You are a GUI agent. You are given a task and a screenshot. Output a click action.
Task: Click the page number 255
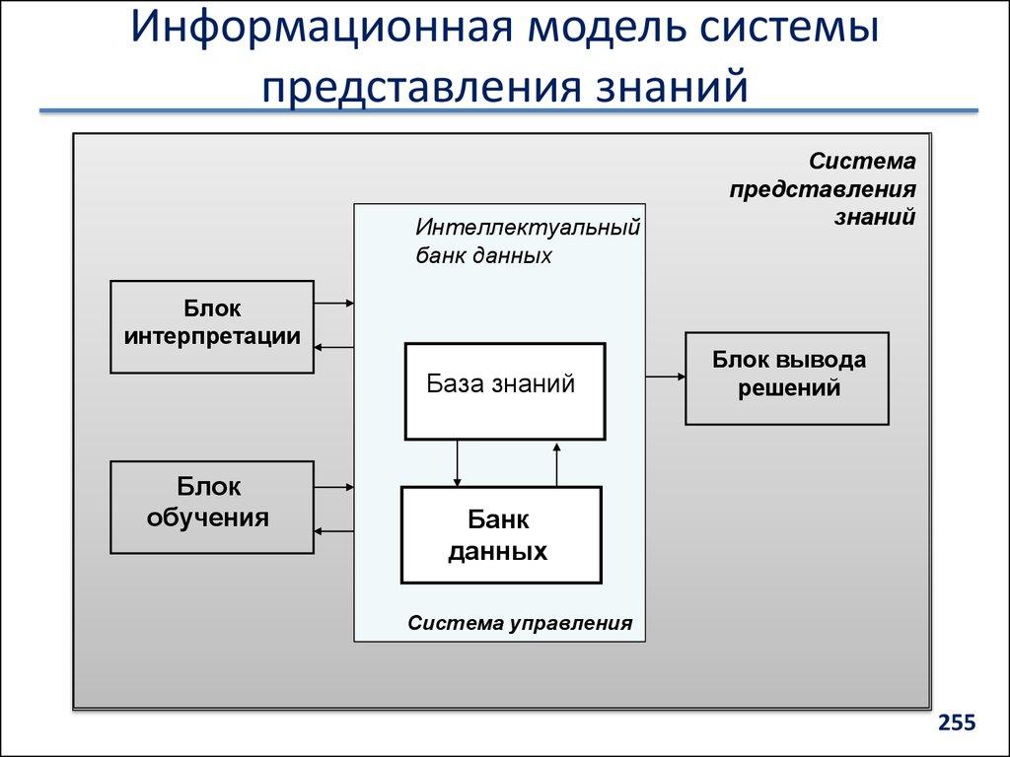tap(957, 723)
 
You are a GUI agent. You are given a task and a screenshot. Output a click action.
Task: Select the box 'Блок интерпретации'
tap(212, 326)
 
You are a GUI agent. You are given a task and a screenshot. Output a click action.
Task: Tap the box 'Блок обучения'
tap(212, 507)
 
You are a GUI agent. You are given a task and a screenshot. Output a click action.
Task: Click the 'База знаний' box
tap(504, 390)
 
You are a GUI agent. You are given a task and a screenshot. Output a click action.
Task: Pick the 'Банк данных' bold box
tap(500, 535)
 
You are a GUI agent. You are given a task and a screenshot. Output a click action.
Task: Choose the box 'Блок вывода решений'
tap(787, 378)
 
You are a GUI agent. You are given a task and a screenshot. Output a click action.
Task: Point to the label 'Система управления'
tap(519, 624)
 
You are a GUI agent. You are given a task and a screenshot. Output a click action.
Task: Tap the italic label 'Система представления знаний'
tap(824, 188)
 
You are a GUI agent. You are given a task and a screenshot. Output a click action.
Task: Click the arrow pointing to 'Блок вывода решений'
tap(666, 377)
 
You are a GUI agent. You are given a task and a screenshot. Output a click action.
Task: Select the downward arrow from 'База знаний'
tap(458, 463)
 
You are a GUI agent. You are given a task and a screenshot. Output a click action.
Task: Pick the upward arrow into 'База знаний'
tap(557, 463)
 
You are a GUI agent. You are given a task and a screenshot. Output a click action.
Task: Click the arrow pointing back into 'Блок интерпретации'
tap(334, 346)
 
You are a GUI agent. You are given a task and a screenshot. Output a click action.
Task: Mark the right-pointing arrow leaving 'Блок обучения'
tap(334, 486)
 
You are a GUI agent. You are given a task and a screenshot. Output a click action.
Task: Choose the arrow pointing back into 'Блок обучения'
tap(334, 531)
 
